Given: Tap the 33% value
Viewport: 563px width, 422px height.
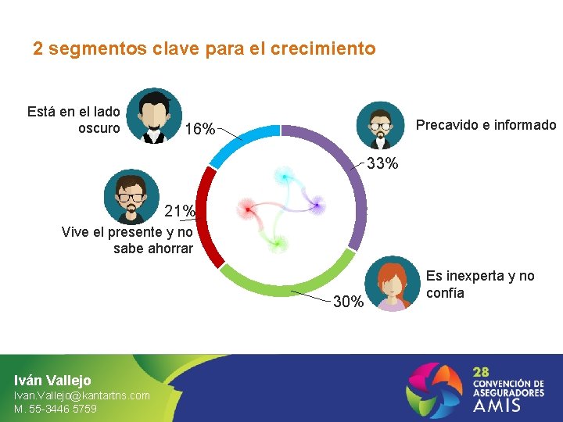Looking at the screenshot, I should click(x=382, y=164).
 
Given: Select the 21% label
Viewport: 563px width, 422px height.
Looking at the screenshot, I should click(x=180, y=211).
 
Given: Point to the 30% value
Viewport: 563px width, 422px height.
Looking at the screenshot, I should click(x=349, y=302).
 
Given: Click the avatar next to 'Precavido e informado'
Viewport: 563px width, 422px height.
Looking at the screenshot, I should click(x=380, y=125).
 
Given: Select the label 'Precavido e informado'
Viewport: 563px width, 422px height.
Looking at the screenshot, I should click(x=486, y=125).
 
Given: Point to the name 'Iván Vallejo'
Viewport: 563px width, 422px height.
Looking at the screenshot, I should click(x=52, y=381).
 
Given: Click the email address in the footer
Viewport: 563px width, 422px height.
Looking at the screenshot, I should click(x=82, y=395).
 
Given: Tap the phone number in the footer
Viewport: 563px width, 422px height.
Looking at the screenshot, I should click(x=56, y=409).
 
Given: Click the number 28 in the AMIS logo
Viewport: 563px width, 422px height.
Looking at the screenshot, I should click(x=482, y=372).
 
